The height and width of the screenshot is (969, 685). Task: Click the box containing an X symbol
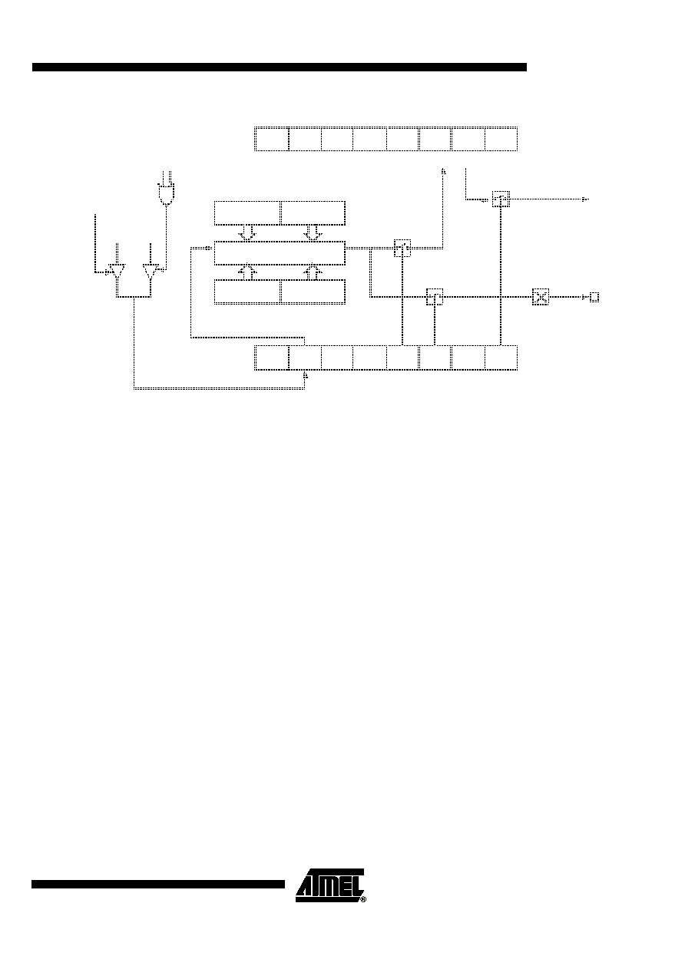[540, 297]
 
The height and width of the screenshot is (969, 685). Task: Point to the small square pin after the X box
[594, 297]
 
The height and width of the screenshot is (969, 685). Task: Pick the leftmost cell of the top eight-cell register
[272, 139]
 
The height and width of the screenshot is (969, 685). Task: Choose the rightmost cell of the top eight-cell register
[501, 139]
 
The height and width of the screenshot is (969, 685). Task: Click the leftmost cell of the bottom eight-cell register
[272, 358]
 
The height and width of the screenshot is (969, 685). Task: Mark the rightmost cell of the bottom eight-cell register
[501, 358]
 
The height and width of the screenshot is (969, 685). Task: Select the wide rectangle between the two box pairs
[280, 253]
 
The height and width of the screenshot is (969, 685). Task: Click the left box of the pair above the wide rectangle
[247, 213]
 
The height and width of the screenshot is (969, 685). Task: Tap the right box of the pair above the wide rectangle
[313, 213]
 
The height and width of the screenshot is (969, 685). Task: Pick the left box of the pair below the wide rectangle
[247, 292]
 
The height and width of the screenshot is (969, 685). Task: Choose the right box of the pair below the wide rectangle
[313, 292]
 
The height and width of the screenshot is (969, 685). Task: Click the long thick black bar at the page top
[280, 67]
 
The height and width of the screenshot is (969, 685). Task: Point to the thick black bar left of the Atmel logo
[158, 884]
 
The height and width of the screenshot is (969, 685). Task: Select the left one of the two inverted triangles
[117, 271]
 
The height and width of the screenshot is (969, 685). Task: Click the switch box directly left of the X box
[435, 297]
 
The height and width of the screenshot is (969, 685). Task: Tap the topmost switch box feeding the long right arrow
[501, 199]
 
